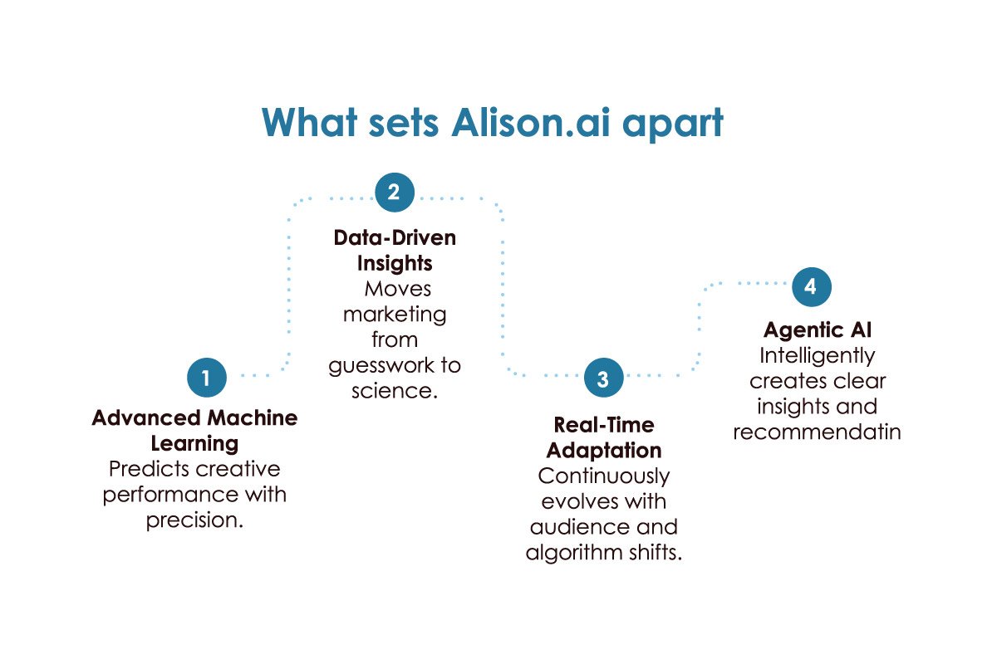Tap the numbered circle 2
[x=395, y=193]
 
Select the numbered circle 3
[x=603, y=378]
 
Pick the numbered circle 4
[x=811, y=287]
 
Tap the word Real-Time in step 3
[x=604, y=426]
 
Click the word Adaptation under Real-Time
[x=604, y=451]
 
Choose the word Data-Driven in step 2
[x=395, y=238]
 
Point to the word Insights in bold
[x=395, y=263]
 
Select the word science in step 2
[x=391, y=390]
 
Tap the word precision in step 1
[x=193, y=520]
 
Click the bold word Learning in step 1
[x=194, y=443]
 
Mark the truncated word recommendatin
[x=817, y=432]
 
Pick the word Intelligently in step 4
[x=817, y=356]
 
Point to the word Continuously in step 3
[x=604, y=476]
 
